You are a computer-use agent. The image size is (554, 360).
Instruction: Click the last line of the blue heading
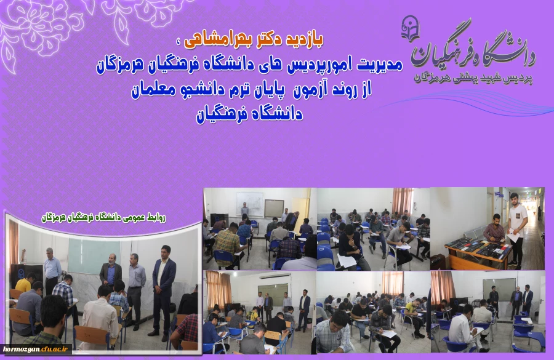pyautogui.click(x=249, y=115)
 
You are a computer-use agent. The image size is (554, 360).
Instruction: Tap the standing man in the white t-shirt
pyautogui.click(x=518, y=225)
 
